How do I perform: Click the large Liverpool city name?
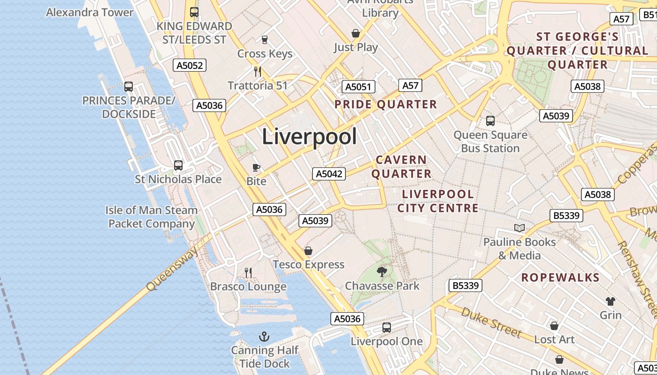(x=309, y=136)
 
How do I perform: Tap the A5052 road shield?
(x=190, y=66)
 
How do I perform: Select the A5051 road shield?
(x=359, y=87)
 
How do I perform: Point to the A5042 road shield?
(x=329, y=174)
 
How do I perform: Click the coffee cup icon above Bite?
(x=256, y=167)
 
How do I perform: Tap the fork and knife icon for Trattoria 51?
(x=258, y=72)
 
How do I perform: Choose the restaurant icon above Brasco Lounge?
(x=248, y=272)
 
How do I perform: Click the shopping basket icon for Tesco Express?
(x=308, y=251)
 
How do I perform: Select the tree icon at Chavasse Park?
(x=382, y=271)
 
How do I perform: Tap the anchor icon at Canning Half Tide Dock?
(x=264, y=337)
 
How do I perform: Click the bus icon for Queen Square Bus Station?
(x=490, y=121)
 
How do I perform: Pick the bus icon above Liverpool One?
(x=387, y=328)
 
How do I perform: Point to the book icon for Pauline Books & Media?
(x=519, y=228)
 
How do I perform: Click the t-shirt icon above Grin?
(x=611, y=301)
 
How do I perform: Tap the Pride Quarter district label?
(x=385, y=104)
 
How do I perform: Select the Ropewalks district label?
(x=560, y=277)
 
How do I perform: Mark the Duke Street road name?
(x=491, y=322)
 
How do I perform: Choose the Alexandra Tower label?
(x=90, y=12)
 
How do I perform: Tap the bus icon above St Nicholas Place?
(x=178, y=165)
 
